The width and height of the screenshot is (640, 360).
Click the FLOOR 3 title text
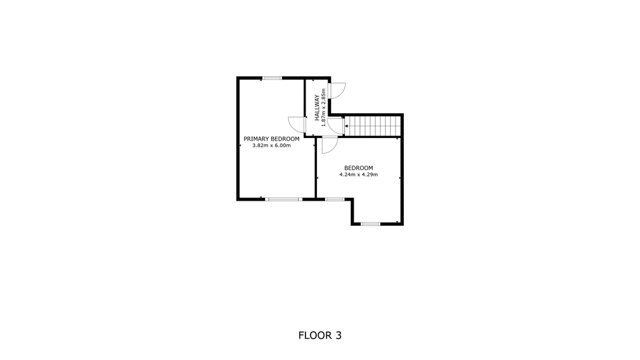tap(320, 336)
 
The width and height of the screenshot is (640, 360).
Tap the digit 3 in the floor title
tap(338, 336)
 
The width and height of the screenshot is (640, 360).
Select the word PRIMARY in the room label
tap(256, 139)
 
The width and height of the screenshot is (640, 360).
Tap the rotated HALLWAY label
tap(317, 107)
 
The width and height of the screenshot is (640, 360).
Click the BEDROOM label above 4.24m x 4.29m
tap(358, 167)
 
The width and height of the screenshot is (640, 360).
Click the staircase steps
tap(373, 126)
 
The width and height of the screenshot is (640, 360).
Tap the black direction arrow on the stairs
tap(346, 126)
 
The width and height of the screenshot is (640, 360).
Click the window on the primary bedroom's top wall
tap(272, 78)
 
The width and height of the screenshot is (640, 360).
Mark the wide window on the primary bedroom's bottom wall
tap(284, 199)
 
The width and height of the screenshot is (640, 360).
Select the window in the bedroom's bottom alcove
tap(371, 224)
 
